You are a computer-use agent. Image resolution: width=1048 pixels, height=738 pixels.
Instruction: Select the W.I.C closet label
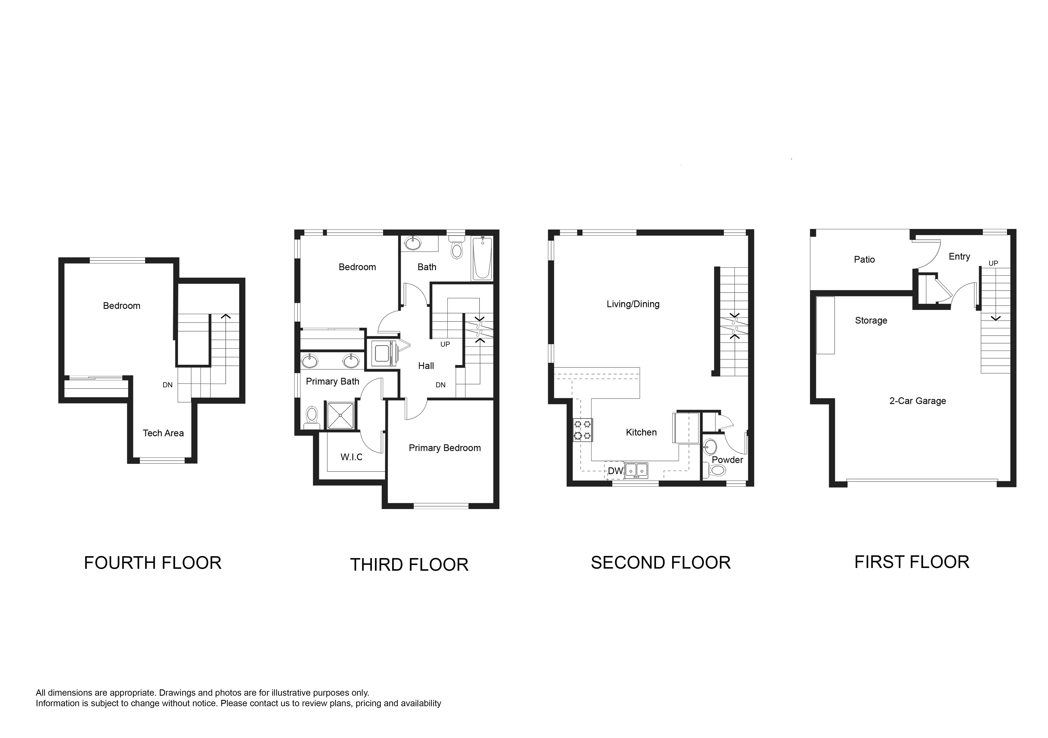point(351,457)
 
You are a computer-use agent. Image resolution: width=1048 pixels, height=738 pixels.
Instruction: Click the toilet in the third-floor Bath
point(456,247)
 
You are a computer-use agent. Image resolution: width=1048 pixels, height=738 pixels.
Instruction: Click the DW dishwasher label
point(615,471)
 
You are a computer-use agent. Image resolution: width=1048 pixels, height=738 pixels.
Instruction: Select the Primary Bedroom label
point(445,448)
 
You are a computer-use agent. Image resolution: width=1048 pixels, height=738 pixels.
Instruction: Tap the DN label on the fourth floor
point(168,385)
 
